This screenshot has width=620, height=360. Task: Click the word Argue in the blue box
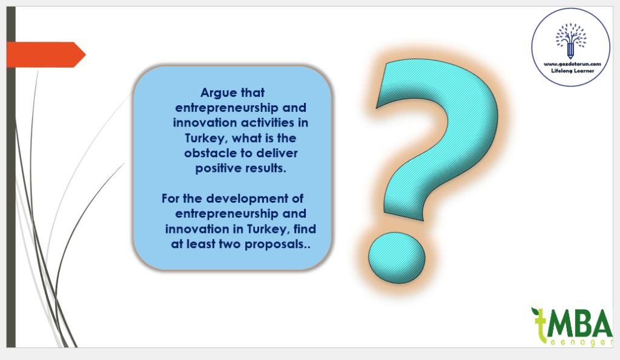click(x=219, y=93)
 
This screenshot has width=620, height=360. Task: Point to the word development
click(x=247, y=198)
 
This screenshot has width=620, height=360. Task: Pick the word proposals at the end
click(x=277, y=244)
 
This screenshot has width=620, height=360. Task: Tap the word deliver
click(x=277, y=153)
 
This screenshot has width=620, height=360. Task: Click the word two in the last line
click(x=230, y=244)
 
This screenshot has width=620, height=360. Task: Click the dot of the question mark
click(x=397, y=258)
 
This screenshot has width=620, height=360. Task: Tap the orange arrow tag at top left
click(x=46, y=54)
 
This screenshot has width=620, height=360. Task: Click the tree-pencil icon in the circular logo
click(x=570, y=41)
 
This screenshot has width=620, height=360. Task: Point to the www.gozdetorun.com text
click(x=572, y=64)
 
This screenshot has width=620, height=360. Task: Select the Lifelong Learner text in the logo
click(x=573, y=71)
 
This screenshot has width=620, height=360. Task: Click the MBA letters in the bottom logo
click(x=579, y=322)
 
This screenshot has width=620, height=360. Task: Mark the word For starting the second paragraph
click(x=170, y=198)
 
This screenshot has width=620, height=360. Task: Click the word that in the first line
click(x=252, y=93)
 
